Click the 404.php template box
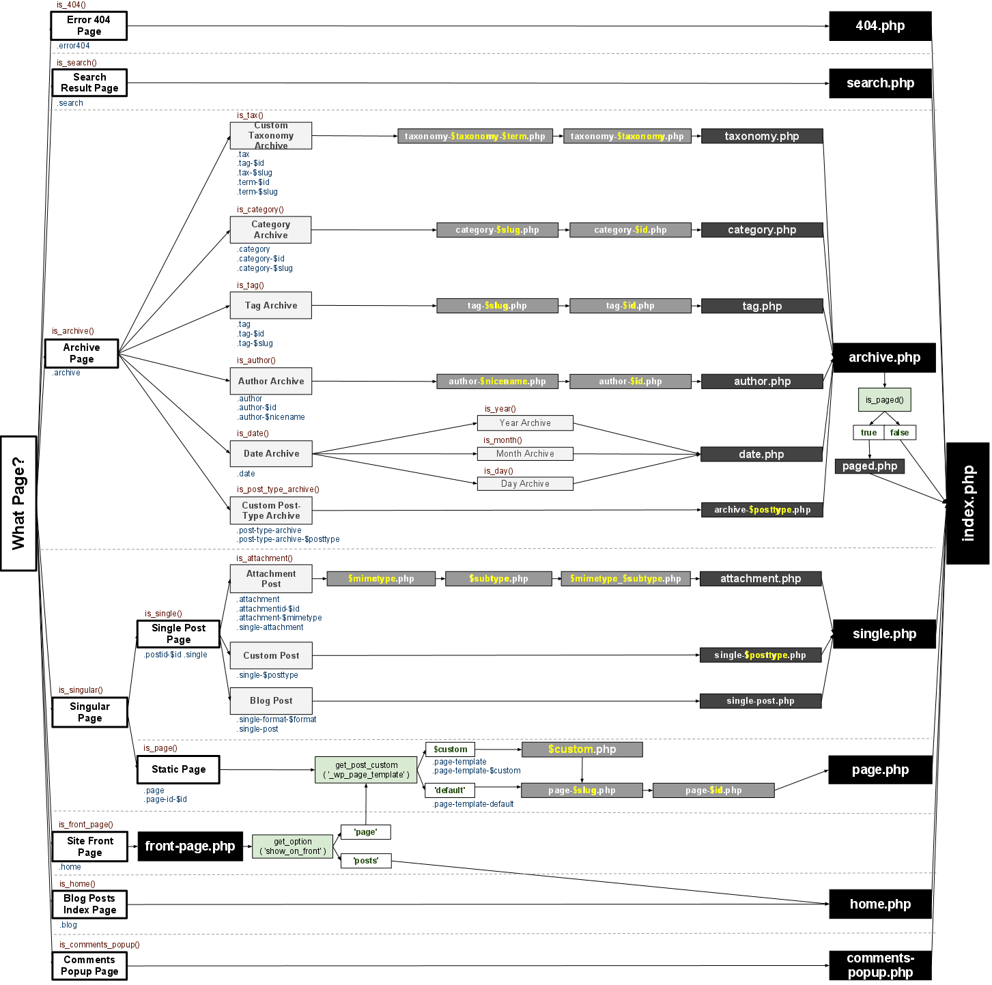880,26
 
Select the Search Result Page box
89,83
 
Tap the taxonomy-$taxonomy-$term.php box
475,136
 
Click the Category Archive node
271,230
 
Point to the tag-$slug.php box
497,306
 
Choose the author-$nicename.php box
497,382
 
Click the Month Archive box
525,454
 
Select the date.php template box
761,455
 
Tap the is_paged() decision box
884,400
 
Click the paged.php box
870,466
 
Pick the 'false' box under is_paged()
900,433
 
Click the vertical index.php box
967,503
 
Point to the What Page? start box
18,503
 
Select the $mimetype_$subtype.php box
625,579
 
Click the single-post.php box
760,701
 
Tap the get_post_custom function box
366,770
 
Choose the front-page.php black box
190,846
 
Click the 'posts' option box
365,861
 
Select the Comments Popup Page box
89,966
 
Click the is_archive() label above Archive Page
73,331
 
